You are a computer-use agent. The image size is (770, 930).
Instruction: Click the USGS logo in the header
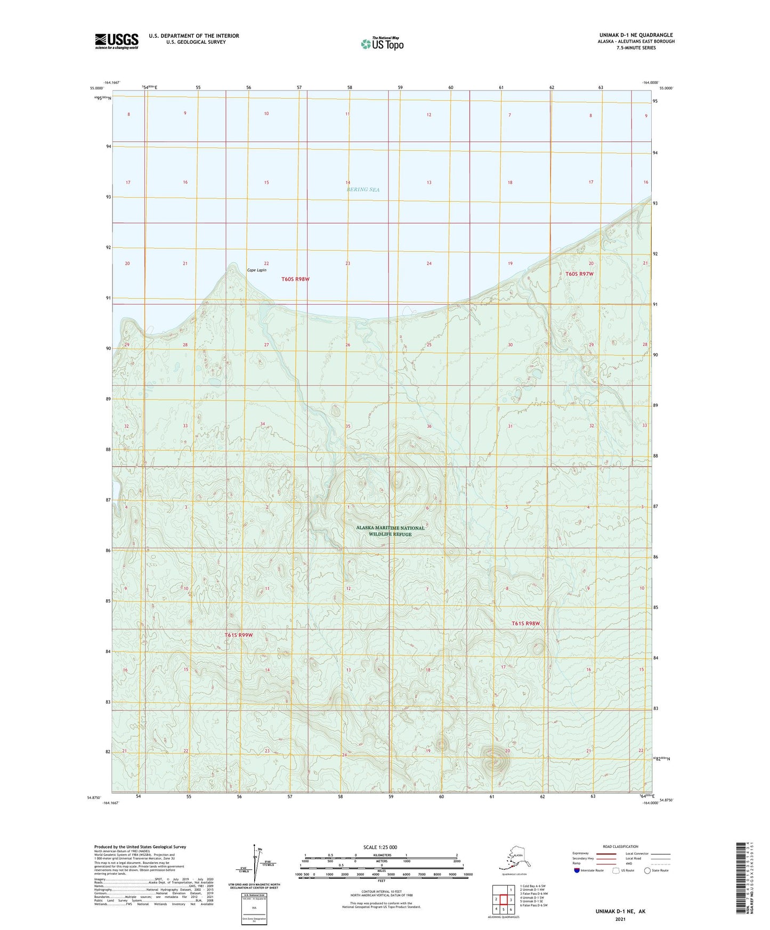(x=117, y=41)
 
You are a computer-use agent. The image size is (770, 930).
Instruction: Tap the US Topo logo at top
(x=382, y=43)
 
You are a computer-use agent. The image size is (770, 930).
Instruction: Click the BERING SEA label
(x=363, y=190)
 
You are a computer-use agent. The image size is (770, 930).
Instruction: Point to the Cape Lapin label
(x=256, y=270)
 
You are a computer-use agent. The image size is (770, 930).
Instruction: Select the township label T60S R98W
(x=296, y=279)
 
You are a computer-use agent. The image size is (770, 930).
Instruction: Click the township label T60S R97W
(x=579, y=274)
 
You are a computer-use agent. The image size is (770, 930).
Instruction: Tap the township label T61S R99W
(x=238, y=635)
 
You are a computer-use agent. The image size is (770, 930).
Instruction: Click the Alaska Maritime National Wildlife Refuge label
(x=391, y=531)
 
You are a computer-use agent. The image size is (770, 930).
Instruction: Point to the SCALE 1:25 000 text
(x=380, y=847)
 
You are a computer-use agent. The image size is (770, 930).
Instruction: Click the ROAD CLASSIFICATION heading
(x=620, y=846)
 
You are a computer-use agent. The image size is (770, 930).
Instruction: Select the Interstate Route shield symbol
(x=577, y=870)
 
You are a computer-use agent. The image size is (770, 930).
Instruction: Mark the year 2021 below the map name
(x=620, y=919)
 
